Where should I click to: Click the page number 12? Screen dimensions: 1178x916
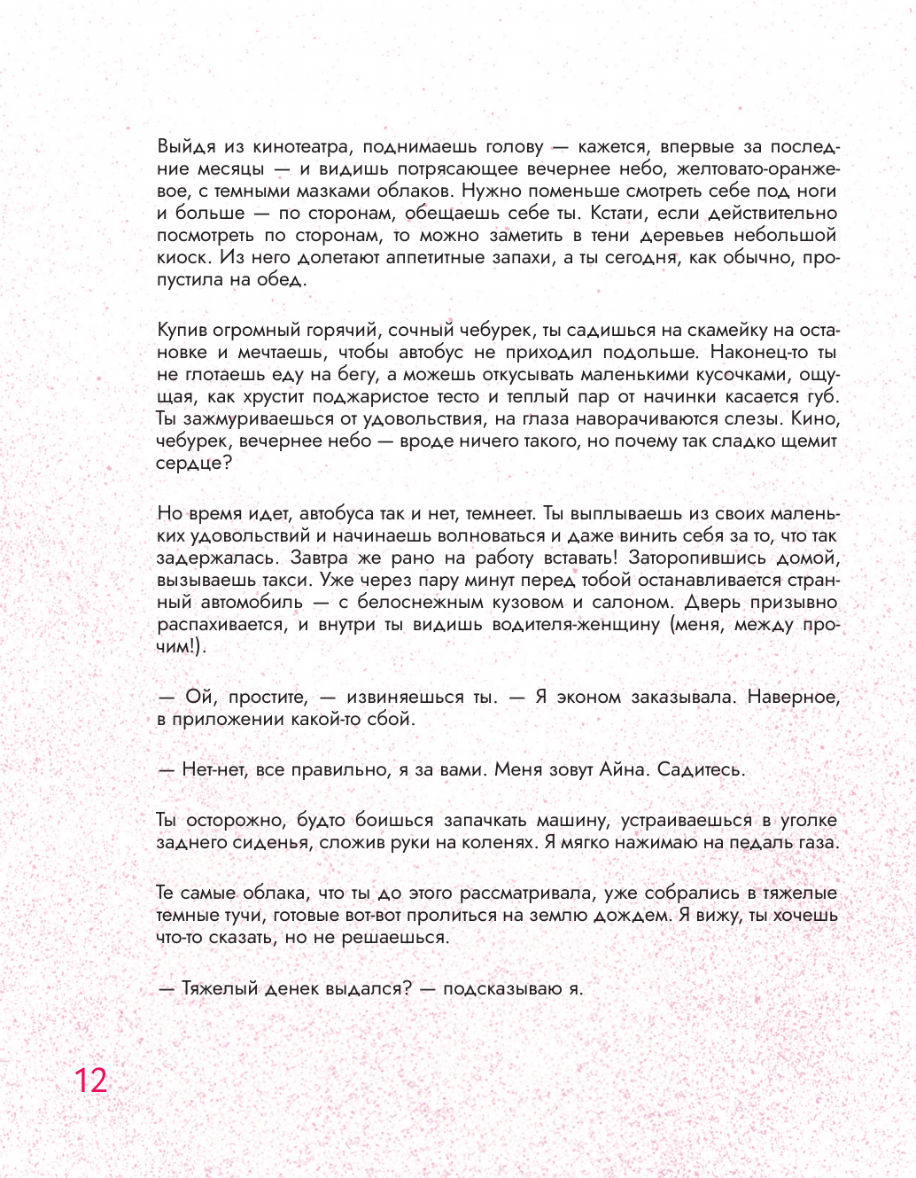[90, 1080]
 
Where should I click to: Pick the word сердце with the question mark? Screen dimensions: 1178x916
[193, 464]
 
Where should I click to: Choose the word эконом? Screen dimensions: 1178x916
[588, 698]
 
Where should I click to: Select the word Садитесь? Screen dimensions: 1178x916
[701, 770]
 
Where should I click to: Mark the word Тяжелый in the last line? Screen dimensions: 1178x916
[221, 988]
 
